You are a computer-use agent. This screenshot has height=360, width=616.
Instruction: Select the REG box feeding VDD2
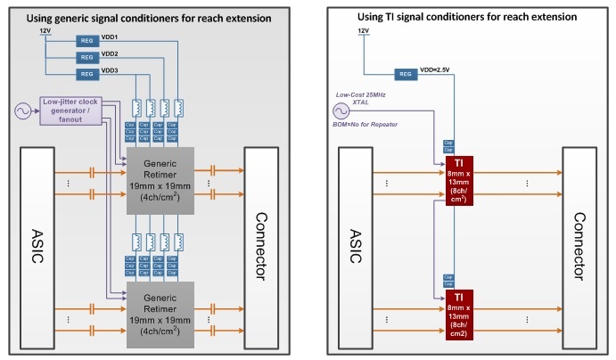(x=86, y=57)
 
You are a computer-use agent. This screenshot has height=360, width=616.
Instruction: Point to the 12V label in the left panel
(x=46, y=31)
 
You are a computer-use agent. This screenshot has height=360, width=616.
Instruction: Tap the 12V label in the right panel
(x=363, y=31)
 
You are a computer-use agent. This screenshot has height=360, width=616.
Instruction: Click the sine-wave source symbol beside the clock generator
(x=19, y=111)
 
